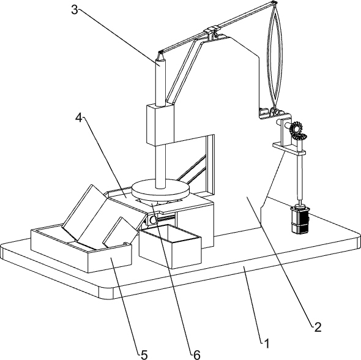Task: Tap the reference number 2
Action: [x=318, y=327]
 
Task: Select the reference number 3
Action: [x=74, y=10]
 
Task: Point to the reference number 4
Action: [x=79, y=118]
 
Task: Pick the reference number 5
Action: [x=144, y=355]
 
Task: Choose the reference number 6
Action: [x=197, y=355]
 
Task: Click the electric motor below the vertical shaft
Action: [x=300, y=219]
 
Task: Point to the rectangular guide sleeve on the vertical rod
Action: [x=160, y=124]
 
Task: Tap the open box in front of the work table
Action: [x=170, y=247]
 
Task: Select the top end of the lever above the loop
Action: [x=274, y=3]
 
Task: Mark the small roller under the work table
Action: [x=152, y=220]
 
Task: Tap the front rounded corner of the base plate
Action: [x=106, y=293]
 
